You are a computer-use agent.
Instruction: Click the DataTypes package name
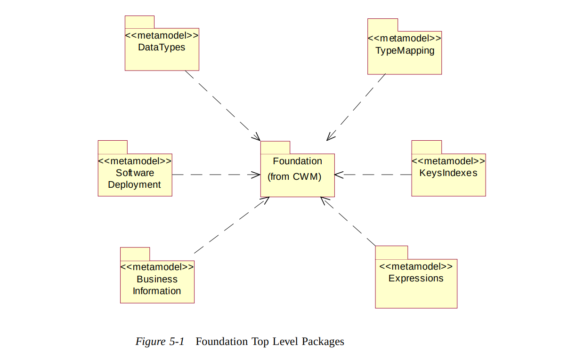(x=162, y=47)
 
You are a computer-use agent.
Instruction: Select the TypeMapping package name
(x=405, y=50)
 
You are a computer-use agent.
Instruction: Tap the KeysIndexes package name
(x=448, y=173)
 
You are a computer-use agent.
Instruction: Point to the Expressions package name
(x=416, y=278)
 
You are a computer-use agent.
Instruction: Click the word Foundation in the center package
(x=297, y=161)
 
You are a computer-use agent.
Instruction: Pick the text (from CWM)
(x=294, y=177)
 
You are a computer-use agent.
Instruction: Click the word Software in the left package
(x=135, y=173)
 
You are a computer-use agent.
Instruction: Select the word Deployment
(x=135, y=184)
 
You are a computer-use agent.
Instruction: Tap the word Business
(x=157, y=279)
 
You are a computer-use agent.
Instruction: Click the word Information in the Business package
(x=157, y=291)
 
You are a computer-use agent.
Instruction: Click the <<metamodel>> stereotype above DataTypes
(x=162, y=35)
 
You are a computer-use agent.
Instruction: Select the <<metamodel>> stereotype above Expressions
(x=416, y=266)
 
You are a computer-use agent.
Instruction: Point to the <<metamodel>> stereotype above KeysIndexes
(x=448, y=161)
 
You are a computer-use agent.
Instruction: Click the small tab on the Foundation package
(x=275, y=147)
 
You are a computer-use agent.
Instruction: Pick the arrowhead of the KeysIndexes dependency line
(x=339, y=175)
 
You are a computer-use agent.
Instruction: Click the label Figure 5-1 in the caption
(x=160, y=341)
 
